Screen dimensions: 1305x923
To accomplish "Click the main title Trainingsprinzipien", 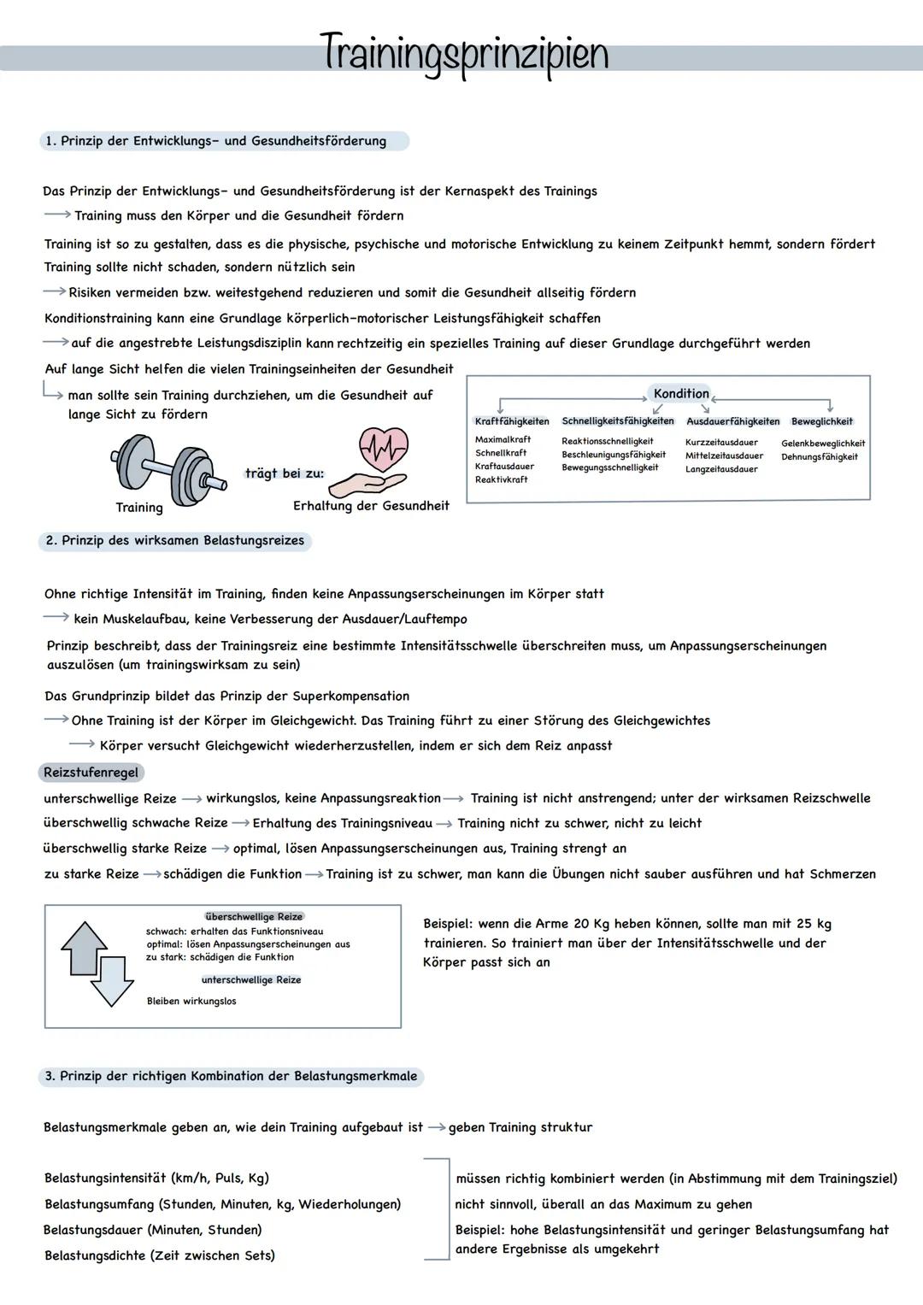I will click(464, 54).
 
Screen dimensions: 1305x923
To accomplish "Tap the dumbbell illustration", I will click(168, 466).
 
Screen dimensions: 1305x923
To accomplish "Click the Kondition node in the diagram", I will click(680, 393).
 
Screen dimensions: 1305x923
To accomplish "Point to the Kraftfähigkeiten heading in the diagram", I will click(511, 421).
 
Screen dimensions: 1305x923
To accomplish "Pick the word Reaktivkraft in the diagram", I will click(501, 479).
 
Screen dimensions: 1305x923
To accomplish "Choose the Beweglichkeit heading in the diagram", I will click(821, 421).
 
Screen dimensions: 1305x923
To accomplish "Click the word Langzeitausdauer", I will click(721, 469).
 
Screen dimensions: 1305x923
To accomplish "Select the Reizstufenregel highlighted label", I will click(91, 773).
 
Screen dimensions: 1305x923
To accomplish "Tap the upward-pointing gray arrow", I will click(84, 947).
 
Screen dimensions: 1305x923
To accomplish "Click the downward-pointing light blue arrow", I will click(112, 981).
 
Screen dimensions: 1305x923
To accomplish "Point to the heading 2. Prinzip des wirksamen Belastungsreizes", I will click(174, 541).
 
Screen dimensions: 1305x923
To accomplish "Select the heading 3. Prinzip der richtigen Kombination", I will click(231, 1076).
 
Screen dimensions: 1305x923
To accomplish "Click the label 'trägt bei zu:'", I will click(285, 473).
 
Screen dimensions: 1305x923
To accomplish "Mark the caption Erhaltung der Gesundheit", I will click(371, 506).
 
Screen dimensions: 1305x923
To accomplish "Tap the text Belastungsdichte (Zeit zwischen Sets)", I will click(160, 1255).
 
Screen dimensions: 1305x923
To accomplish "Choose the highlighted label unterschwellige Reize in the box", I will click(251, 979).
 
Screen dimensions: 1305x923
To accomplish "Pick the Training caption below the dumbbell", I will click(139, 508).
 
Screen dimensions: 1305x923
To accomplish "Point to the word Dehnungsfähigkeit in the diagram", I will click(819, 457).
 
